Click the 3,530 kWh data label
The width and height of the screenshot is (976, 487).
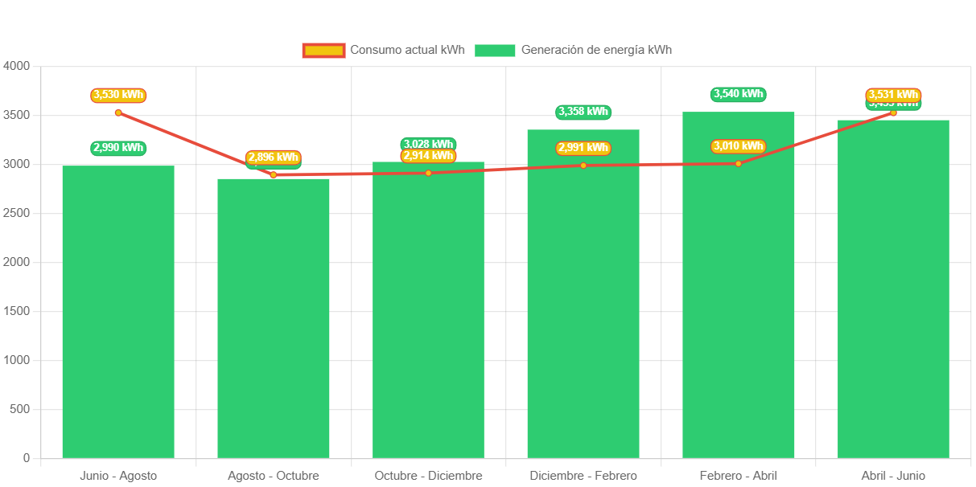tap(118, 95)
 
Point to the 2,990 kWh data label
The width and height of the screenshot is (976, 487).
tap(118, 148)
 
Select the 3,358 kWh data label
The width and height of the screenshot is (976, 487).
tap(583, 112)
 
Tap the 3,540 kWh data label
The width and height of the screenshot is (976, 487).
tap(739, 94)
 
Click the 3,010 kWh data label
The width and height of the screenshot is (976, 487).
tap(739, 146)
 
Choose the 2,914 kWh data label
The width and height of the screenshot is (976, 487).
tap(428, 156)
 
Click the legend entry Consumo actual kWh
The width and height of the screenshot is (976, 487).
tap(384, 50)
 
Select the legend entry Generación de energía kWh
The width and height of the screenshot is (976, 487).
tap(573, 50)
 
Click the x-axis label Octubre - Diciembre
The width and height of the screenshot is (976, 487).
tap(428, 476)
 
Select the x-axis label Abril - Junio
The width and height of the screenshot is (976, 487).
tap(893, 476)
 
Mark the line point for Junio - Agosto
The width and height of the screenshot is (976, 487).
tap(118, 113)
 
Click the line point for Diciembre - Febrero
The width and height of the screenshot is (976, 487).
tap(583, 166)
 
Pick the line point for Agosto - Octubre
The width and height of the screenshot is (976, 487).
tap(274, 174)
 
